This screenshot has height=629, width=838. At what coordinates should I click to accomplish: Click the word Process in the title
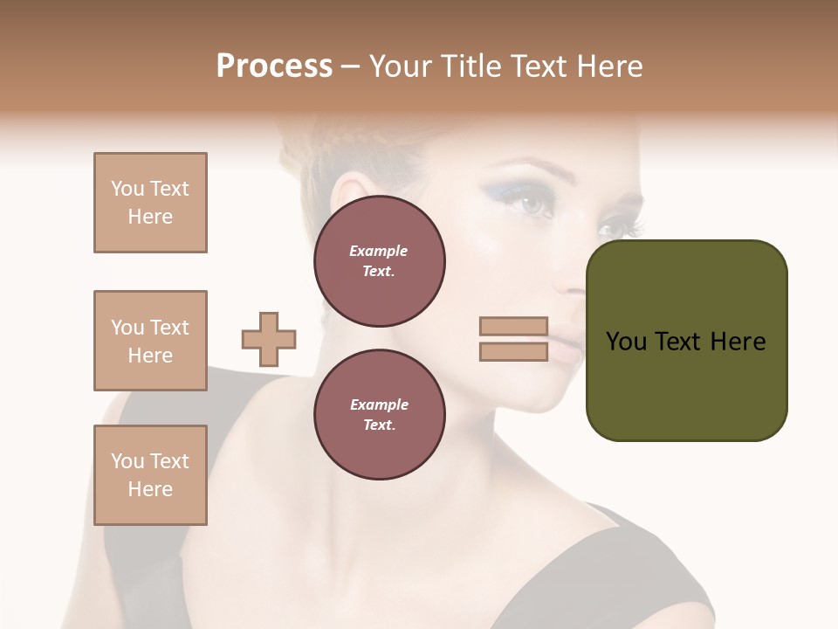pos(274,66)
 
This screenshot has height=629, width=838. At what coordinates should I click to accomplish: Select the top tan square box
pos(150,203)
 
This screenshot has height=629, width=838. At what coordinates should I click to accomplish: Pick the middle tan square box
pos(150,341)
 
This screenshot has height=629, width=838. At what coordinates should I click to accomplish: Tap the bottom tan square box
pos(150,475)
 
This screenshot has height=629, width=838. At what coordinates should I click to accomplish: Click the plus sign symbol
pos(269,339)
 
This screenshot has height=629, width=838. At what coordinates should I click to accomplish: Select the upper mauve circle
pos(379,261)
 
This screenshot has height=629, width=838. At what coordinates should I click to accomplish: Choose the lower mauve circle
pos(379,415)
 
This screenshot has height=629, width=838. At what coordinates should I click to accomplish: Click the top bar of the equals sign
pos(513,327)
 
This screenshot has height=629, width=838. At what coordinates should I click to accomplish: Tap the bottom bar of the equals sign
pos(513,351)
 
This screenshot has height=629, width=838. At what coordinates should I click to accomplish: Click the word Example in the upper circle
pos(379,251)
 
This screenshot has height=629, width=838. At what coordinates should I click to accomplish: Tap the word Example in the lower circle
pos(379,404)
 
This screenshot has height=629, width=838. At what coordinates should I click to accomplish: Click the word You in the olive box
pos(628,342)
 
